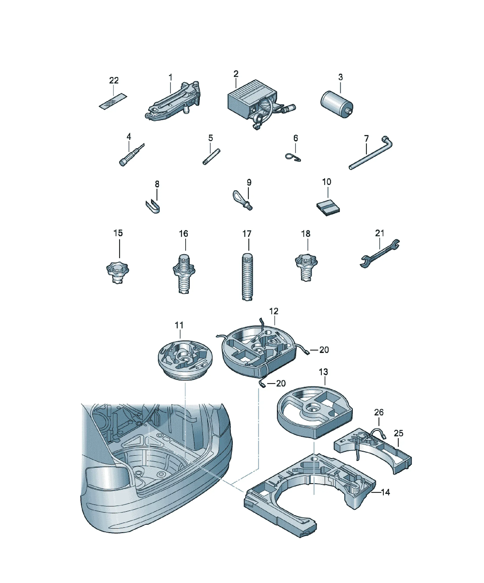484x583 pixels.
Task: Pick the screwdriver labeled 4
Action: coord(131,155)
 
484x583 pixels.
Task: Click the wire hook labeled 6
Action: coord(293,157)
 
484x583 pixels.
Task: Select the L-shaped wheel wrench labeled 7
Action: coord(371,152)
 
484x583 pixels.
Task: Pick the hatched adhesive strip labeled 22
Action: coord(113,102)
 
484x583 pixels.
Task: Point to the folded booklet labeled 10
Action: coord(328,207)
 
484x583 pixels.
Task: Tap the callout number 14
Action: coord(386,492)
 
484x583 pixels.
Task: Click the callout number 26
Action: coord(379,412)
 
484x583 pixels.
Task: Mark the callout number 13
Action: coord(323,372)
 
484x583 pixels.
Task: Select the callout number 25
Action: coord(398,433)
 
